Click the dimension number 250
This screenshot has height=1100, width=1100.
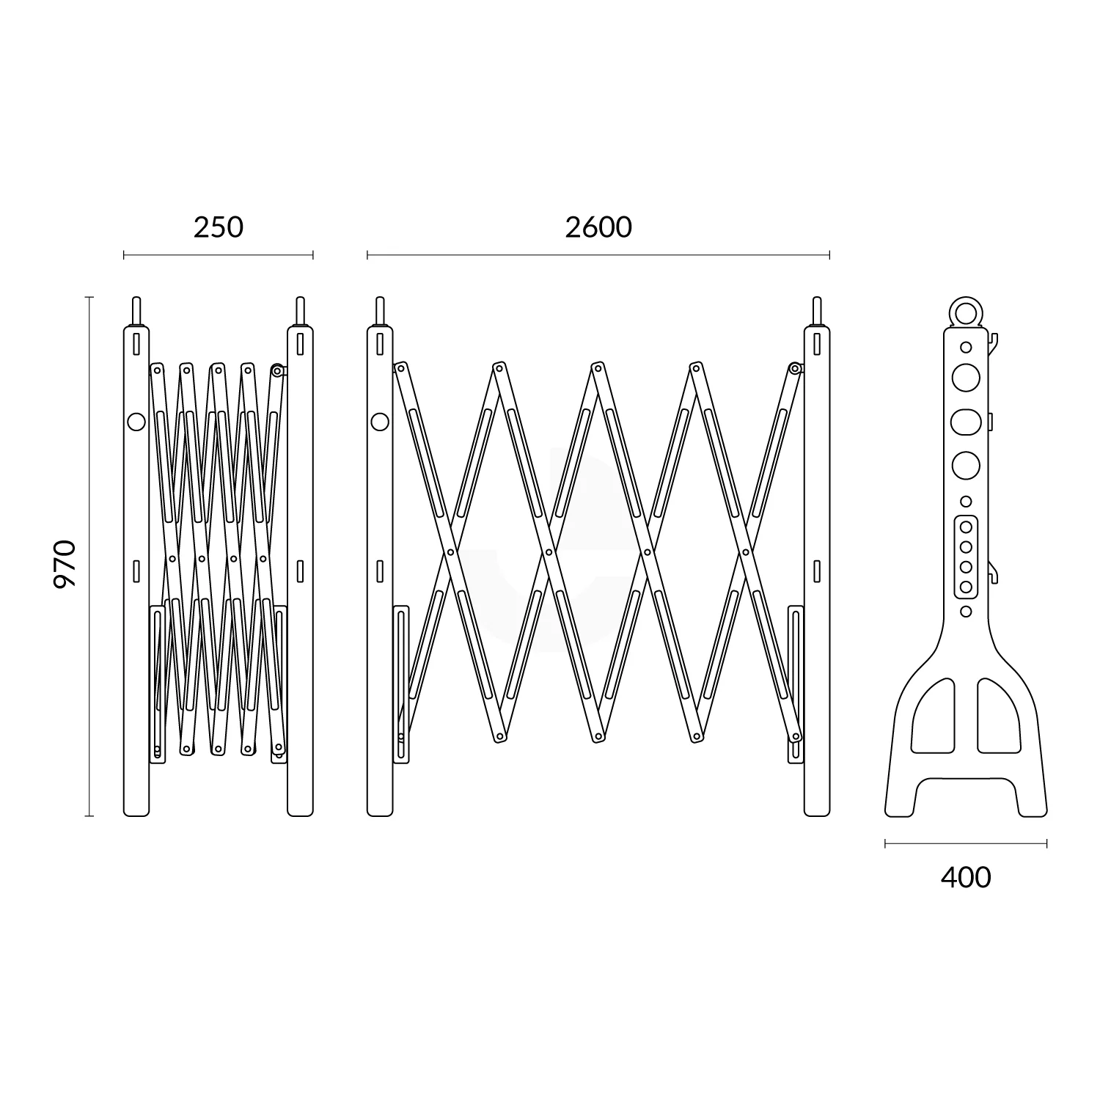click(x=218, y=227)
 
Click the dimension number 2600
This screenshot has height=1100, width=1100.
click(x=598, y=227)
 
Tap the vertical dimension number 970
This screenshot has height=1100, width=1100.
click(x=65, y=563)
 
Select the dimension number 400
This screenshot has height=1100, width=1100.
click(x=965, y=877)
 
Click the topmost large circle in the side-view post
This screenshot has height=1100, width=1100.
click(x=965, y=377)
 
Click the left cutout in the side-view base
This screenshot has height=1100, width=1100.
click(x=933, y=716)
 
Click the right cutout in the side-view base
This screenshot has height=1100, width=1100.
click(x=998, y=716)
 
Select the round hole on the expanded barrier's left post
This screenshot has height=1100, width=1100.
click(x=379, y=421)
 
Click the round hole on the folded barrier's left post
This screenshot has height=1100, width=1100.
click(x=136, y=422)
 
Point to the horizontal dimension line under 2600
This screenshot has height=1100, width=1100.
click(x=598, y=255)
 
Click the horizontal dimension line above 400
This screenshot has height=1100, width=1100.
click(x=965, y=844)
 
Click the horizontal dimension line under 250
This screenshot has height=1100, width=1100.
click(x=218, y=255)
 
